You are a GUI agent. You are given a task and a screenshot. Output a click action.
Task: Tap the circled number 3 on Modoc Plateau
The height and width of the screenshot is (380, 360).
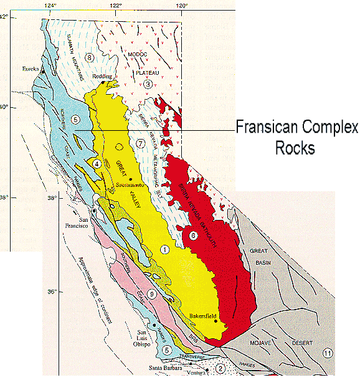click(148, 84)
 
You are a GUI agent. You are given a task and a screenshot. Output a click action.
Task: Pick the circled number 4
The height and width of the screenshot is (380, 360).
click(97, 163)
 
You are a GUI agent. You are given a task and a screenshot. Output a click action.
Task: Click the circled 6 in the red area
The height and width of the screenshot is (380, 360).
click(193, 235)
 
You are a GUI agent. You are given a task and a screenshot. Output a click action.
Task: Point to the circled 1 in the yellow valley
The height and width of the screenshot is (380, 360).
click(165, 249)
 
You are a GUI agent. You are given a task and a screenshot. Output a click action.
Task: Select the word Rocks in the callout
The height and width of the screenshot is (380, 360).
click(296, 150)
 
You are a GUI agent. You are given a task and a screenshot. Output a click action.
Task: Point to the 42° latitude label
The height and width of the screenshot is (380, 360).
click(4, 17)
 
